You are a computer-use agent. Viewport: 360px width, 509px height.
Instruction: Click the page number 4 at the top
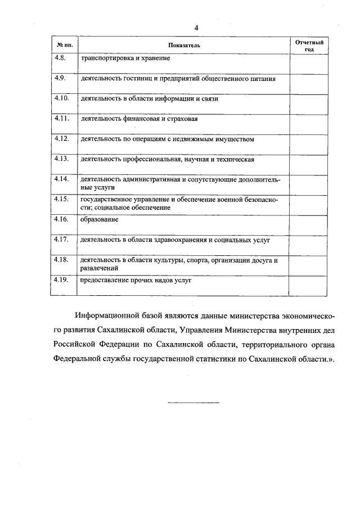196,28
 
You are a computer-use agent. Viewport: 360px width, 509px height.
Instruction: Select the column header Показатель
183,44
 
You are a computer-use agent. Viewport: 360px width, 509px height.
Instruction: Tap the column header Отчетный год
309,46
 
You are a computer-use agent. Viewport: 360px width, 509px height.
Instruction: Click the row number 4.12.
61,138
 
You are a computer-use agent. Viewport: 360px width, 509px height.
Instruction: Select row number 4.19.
61,280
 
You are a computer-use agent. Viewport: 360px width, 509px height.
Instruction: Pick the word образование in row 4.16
100,219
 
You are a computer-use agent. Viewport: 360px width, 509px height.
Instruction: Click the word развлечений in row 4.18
100,269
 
